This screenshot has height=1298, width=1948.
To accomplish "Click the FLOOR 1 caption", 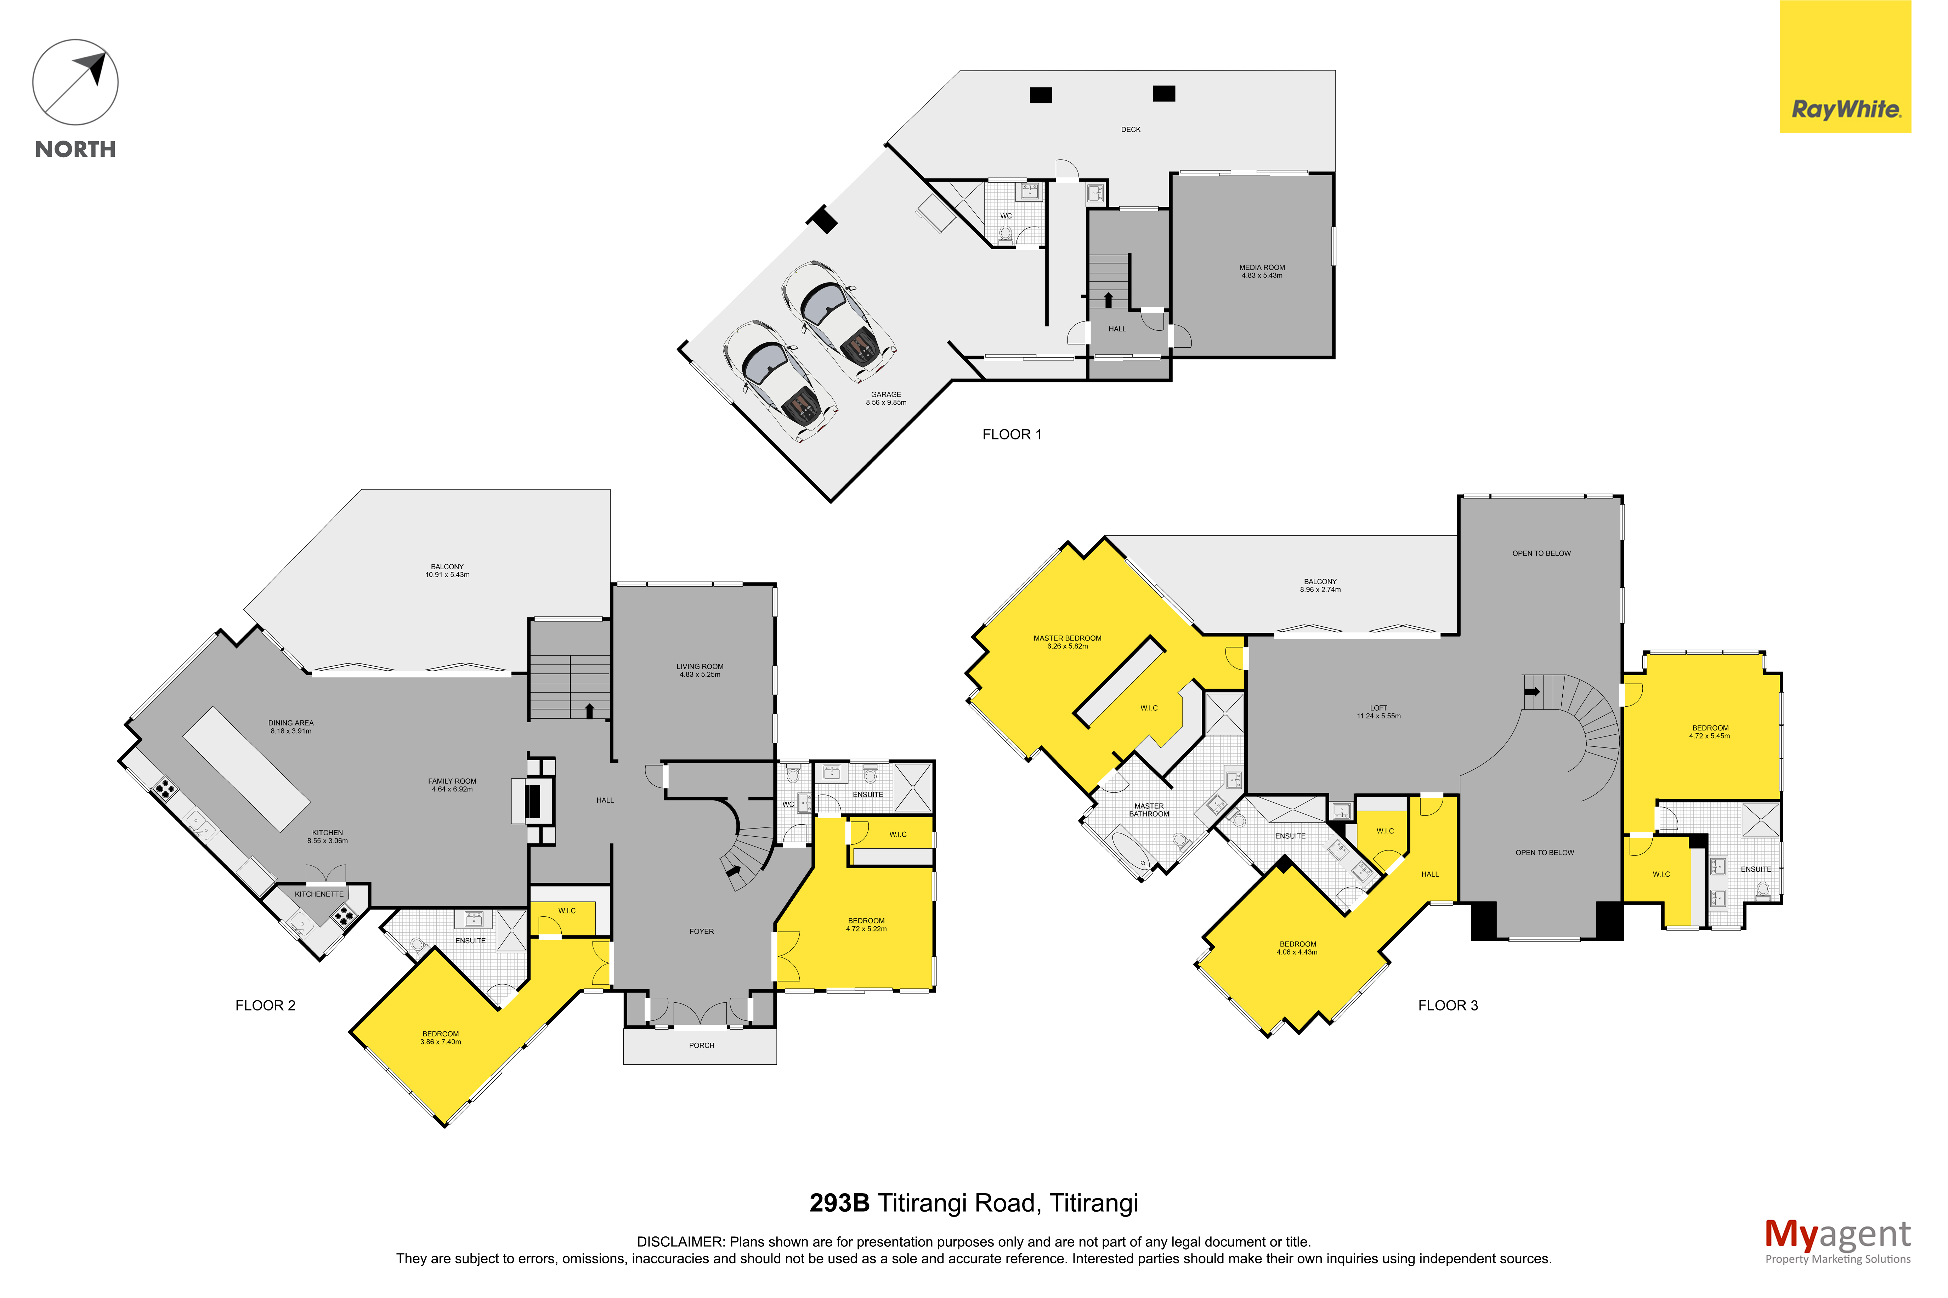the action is (1012, 434).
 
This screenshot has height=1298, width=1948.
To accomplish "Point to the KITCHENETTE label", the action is (319, 894).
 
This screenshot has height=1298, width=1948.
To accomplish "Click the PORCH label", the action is (701, 1046).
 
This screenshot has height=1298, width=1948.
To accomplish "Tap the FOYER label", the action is (701, 931).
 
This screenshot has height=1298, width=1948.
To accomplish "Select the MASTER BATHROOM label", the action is (1149, 810).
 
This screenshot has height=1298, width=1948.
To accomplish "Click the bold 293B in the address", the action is (839, 1203).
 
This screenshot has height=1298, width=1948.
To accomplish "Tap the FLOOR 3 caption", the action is (1448, 1006).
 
